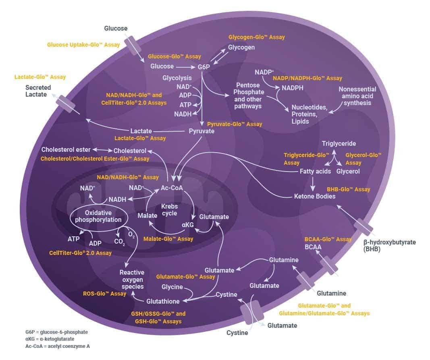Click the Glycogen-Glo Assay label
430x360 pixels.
[256, 37]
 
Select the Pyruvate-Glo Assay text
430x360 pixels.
[234, 124]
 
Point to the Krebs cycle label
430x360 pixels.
[169, 210]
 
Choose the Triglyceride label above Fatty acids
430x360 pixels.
[339, 143]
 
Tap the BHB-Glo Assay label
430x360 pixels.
[348, 189]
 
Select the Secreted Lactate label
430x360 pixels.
[38, 91]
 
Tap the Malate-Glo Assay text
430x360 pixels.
[168, 239]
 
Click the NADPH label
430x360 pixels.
[293, 88]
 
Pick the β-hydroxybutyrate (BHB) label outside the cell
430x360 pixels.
[389, 246]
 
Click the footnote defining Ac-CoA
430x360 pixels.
[57, 346]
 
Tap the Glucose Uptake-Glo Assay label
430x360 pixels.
[83, 45]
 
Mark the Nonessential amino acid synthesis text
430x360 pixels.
[357, 96]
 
